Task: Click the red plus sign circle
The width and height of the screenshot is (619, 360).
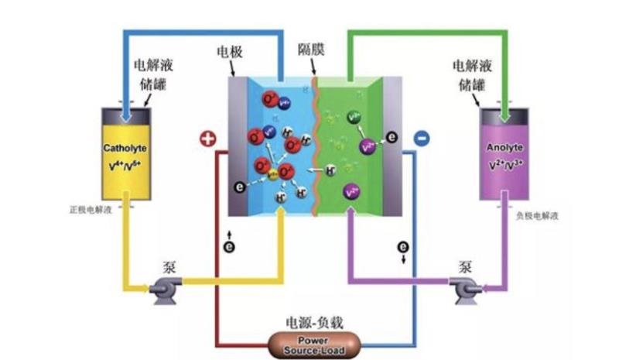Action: [207, 139]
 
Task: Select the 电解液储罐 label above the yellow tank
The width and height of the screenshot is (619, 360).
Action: [152, 74]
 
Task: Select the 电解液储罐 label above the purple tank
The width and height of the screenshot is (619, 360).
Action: [471, 74]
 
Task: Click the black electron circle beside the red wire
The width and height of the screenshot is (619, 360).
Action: [229, 246]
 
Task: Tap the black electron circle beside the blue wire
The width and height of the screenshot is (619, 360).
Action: [402, 247]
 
